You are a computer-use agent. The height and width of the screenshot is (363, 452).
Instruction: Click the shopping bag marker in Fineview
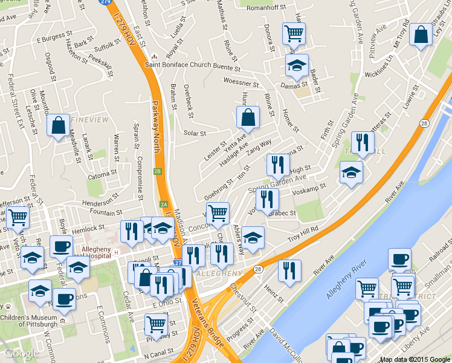tap(58, 126)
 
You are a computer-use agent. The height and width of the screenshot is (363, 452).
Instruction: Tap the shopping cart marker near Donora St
tap(294, 33)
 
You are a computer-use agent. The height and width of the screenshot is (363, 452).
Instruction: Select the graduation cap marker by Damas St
tap(297, 65)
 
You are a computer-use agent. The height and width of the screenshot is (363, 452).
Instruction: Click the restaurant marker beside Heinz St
tap(290, 270)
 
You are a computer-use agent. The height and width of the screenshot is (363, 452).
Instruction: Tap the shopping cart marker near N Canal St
tap(156, 325)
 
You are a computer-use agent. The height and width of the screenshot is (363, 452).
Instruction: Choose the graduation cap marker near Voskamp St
tap(351, 172)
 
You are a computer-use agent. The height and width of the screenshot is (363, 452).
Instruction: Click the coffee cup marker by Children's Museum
tap(64, 299)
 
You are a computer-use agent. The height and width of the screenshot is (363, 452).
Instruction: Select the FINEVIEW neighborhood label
tap(89, 120)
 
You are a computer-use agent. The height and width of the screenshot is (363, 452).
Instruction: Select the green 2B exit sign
tap(158, 171)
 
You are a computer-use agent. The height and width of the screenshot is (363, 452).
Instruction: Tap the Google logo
tap(21, 353)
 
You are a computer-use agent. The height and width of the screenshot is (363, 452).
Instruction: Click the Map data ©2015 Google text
tap(415, 359)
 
